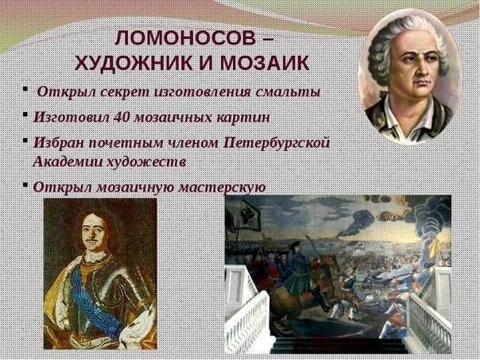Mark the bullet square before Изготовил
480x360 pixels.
(x=26, y=116)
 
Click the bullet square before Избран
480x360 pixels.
(x=26, y=142)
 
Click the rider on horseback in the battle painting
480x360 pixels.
(x=299, y=266)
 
